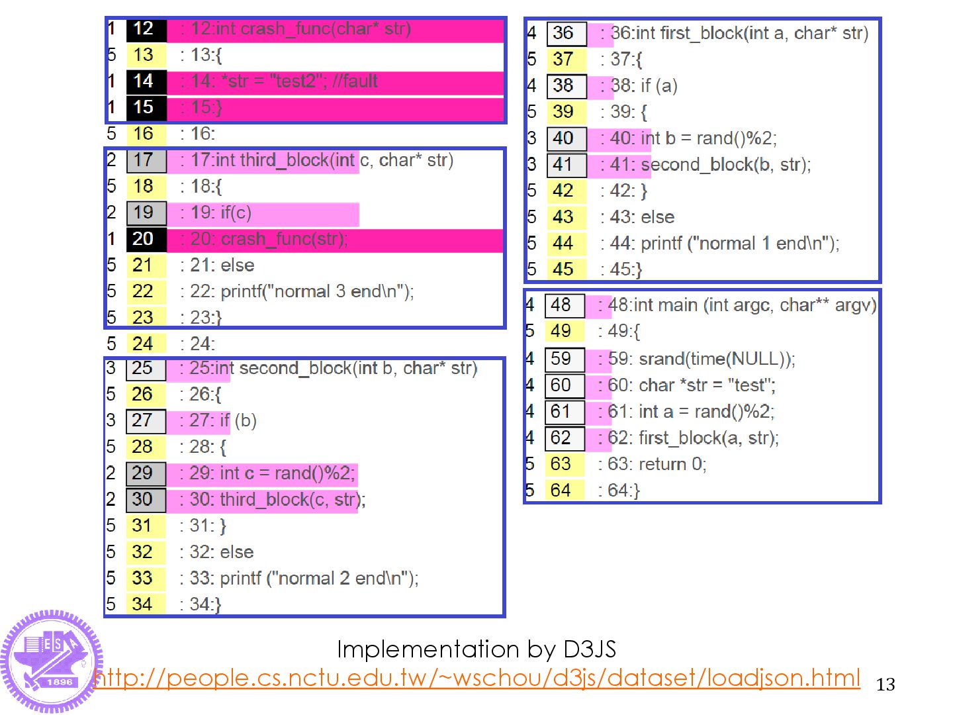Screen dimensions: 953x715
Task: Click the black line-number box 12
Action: (x=146, y=29)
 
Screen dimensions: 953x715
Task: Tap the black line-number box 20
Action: (x=146, y=239)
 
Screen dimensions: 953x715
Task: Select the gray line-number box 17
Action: (x=146, y=160)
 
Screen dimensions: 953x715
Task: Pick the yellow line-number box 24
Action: (x=146, y=344)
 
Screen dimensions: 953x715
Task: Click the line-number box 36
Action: (x=566, y=33)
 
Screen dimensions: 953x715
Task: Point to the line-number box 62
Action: (x=564, y=438)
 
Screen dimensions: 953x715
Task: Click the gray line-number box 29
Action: (x=145, y=473)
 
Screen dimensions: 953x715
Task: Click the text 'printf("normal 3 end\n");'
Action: (x=317, y=291)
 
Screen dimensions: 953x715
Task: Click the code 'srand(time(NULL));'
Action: (x=717, y=359)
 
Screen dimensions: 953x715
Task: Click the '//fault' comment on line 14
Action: (x=355, y=81)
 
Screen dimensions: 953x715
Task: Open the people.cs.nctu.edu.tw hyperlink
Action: (x=476, y=678)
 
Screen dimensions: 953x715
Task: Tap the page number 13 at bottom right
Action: (x=885, y=685)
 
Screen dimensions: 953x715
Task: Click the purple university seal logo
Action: (x=52, y=661)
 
